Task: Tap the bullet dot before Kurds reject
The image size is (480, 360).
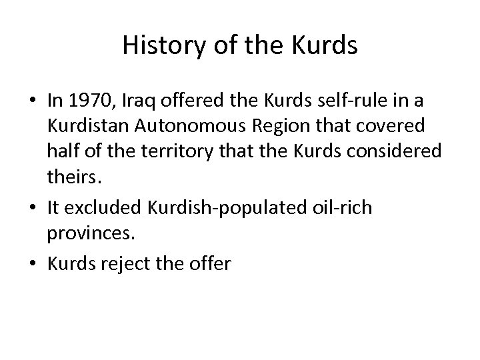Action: (x=32, y=264)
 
